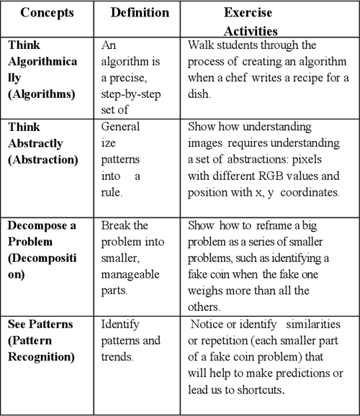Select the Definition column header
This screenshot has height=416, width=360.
[x=140, y=13]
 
